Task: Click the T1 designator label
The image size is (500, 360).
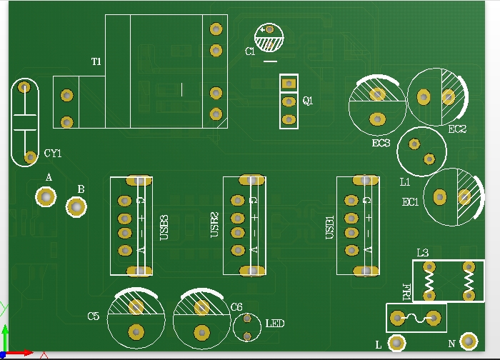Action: click(x=96, y=62)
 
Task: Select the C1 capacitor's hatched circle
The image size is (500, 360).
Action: click(x=270, y=38)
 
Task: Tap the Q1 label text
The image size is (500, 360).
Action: click(x=308, y=101)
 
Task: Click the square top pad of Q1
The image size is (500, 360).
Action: click(x=289, y=84)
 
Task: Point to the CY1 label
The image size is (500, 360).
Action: click(x=53, y=153)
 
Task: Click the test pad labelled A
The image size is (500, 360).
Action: click(x=46, y=196)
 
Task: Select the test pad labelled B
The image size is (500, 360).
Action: click(x=76, y=207)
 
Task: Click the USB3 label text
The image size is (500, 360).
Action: click(x=164, y=228)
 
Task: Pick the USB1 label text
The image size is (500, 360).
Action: click(x=330, y=228)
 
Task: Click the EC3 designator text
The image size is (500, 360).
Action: click(x=381, y=143)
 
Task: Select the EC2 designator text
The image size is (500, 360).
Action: click(x=457, y=129)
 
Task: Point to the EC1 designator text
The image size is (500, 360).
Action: click(x=410, y=202)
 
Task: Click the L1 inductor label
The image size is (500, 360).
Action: click(x=405, y=182)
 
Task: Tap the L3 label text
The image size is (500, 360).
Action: click(x=422, y=252)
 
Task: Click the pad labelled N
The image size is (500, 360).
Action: click(x=469, y=342)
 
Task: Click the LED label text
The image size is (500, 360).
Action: click(x=275, y=324)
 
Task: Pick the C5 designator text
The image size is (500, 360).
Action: click(x=94, y=316)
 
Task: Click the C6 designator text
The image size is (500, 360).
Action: click(x=236, y=306)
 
